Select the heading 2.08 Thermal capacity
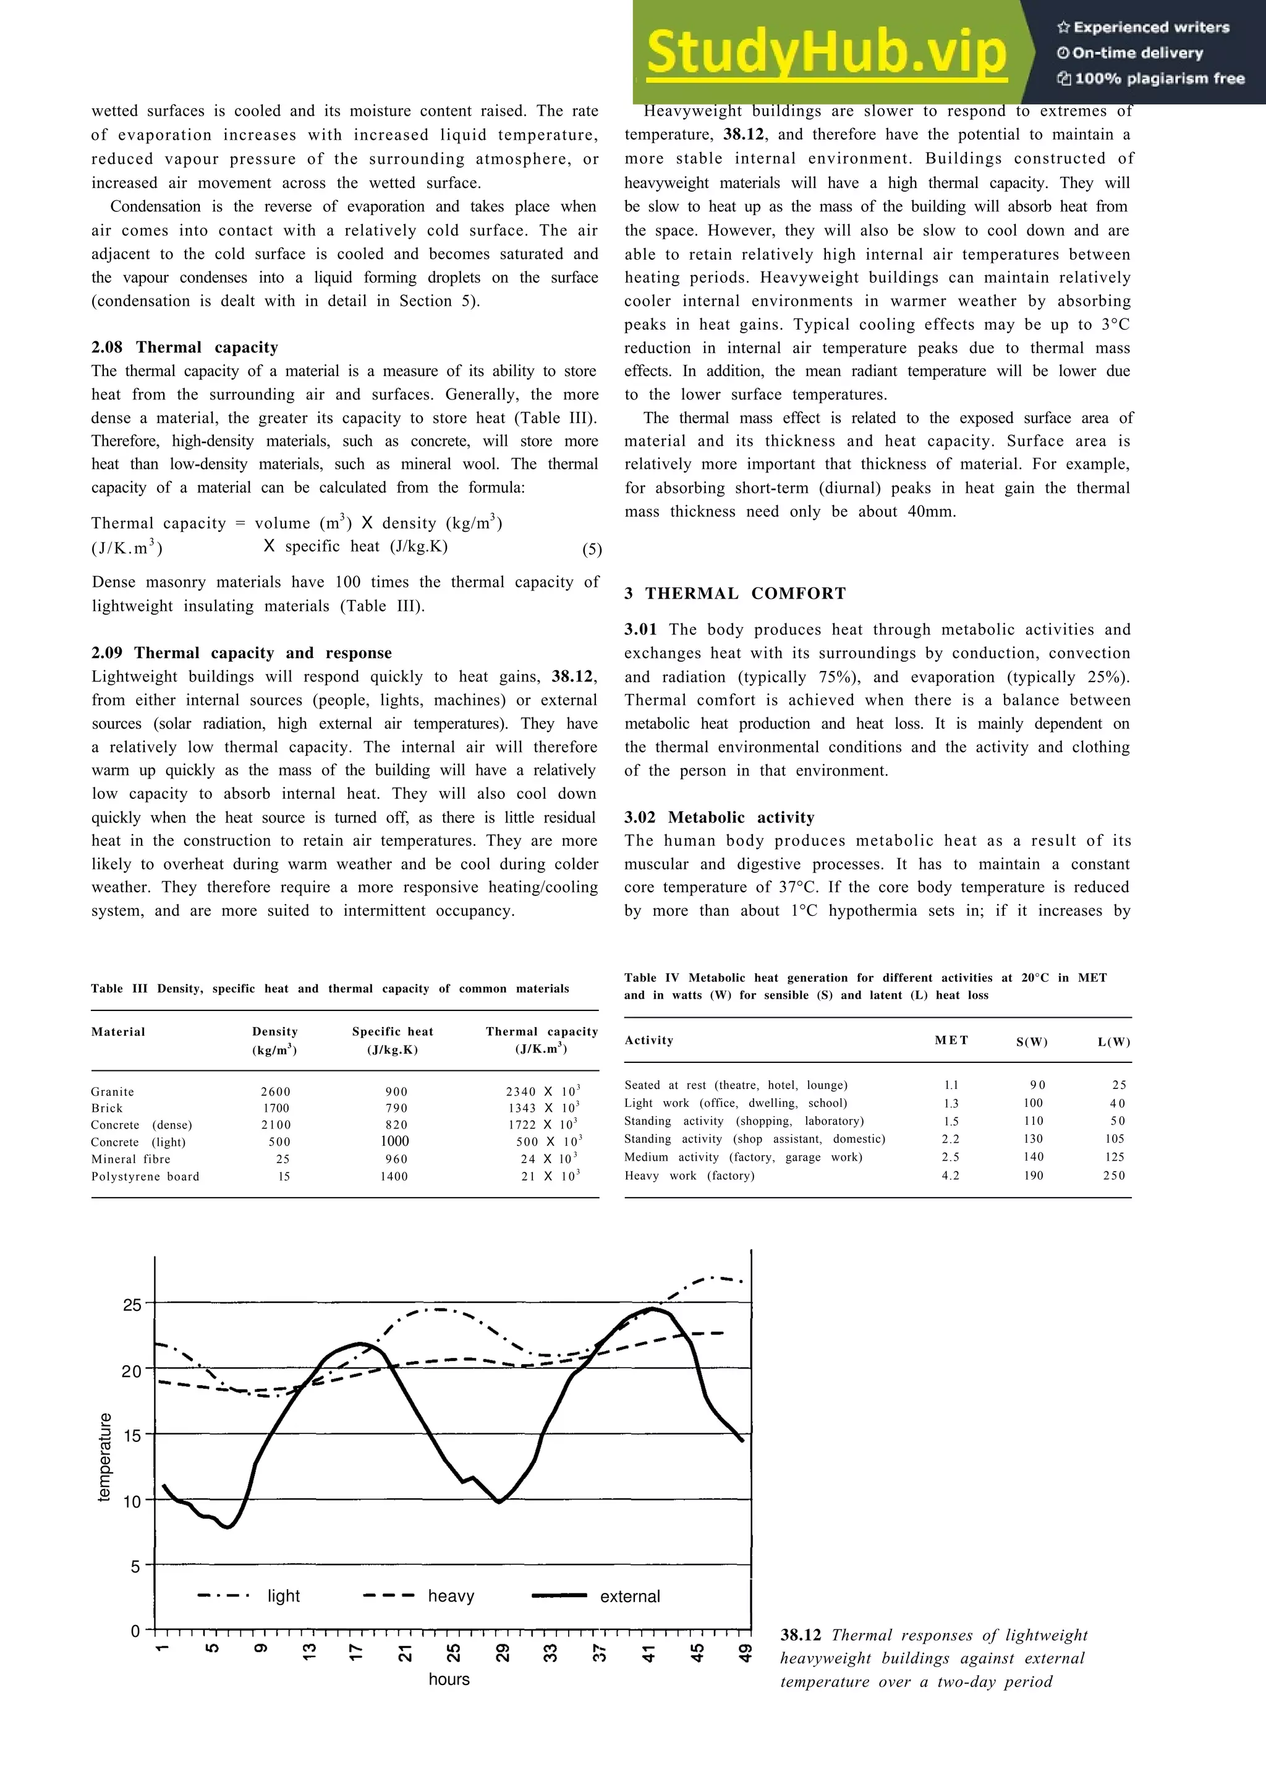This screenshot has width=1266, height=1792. pyautogui.click(x=184, y=348)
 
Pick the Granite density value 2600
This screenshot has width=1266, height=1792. pyautogui.click(x=275, y=1092)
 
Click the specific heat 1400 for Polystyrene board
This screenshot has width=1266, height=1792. pyautogui.click(x=394, y=1176)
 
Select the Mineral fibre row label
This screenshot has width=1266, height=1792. pyautogui.click(x=130, y=1159)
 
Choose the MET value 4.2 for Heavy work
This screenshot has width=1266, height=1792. pyautogui.click(x=950, y=1175)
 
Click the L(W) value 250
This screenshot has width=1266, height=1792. pyautogui.click(x=1114, y=1175)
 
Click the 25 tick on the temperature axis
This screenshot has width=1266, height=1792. pyautogui.click(x=133, y=1305)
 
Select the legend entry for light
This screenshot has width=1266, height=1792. pyautogui.click(x=283, y=1596)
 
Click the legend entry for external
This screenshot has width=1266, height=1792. pyautogui.click(x=629, y=1597)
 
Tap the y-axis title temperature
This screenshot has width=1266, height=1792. pyautogui.click(x=104, y=1457)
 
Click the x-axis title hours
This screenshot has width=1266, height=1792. pyautogui.click(x=449, y=1679)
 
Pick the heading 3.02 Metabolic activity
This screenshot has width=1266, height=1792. pyautogui.click(x=718, y=817)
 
